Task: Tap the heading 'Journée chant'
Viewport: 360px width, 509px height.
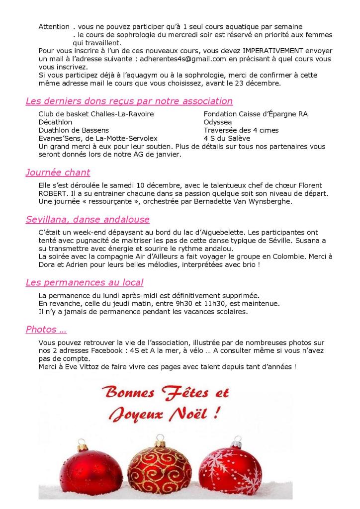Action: pyautogui.click(x=58, y=173)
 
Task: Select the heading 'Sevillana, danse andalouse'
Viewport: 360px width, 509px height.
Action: pyautogui.click(x=88, y=220)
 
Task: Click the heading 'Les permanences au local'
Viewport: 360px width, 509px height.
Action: pyautogui.click(x=85, y=283)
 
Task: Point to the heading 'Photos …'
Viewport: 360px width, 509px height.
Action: pyautogui.click(x=46, y=330)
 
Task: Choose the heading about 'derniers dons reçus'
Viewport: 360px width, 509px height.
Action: pyautogui.click(x=129, y=101)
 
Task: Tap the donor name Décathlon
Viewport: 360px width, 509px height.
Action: pyautogui.click(x=55, y=122)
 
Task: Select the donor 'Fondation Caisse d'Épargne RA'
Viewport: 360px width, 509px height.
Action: pyautogui.click(x=256, y=114)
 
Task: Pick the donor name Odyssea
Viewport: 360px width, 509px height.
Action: pyautogui.click(x=218, y=122)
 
